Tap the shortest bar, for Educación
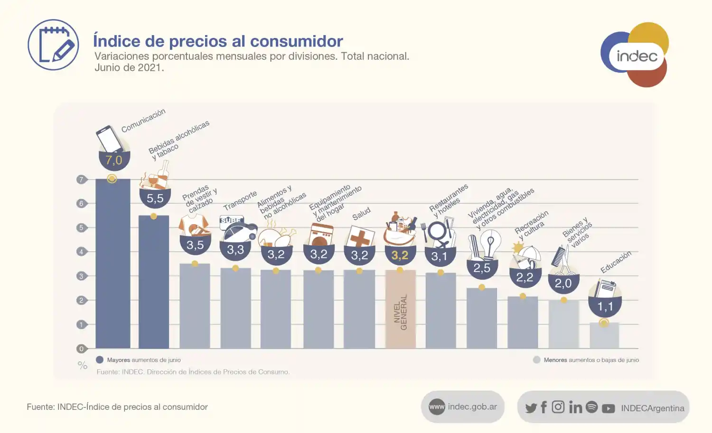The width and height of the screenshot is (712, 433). point(604,336)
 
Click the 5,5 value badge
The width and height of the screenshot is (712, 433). point(155,198)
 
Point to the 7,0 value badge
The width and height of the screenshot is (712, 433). point(114,160)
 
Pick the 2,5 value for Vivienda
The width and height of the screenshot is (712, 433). point(482,268)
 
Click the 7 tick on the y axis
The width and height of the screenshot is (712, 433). point(81,179)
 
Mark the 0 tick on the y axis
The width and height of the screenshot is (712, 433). point(81,348)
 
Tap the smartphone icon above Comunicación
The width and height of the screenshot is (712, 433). point(109,139)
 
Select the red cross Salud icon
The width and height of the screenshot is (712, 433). point(360,237)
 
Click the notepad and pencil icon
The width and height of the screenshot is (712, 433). point(53,45)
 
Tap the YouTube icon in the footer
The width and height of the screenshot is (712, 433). point(608,408)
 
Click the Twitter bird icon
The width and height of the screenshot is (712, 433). point(531,408)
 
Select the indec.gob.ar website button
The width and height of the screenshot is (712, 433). point(463,407)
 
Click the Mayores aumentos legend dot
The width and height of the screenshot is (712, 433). point(100,360)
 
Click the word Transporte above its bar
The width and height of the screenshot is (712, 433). point(240,200)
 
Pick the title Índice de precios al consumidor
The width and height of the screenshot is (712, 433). point(218,41)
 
